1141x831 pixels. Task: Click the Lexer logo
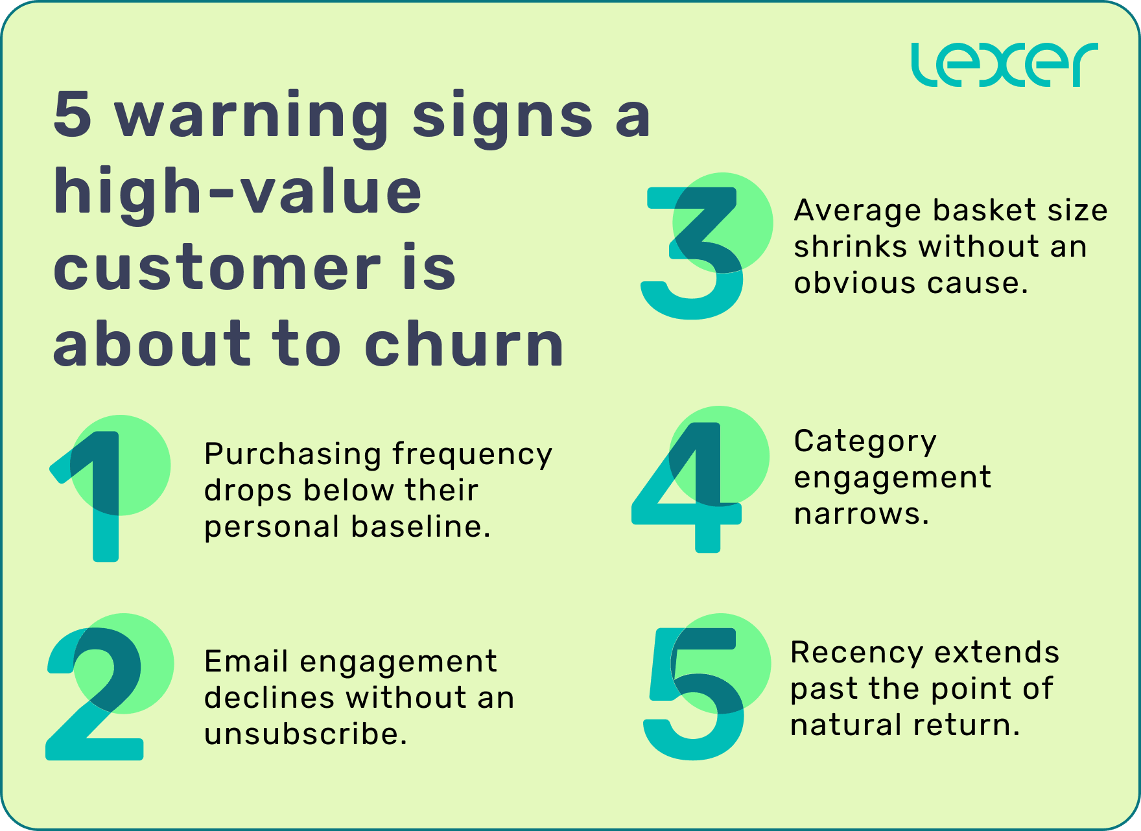tap(1004, 65)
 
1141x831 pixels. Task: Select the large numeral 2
tap(97, 694)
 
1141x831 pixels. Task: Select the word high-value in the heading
tap(237, 193)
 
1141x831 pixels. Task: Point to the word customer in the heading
tap(217, 269)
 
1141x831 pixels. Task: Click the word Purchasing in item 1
tap(292, 455)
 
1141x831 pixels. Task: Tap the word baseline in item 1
tap(420, 526)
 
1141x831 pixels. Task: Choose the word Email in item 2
tap(246, 662)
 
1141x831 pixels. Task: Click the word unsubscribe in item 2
tap(305, 734)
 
